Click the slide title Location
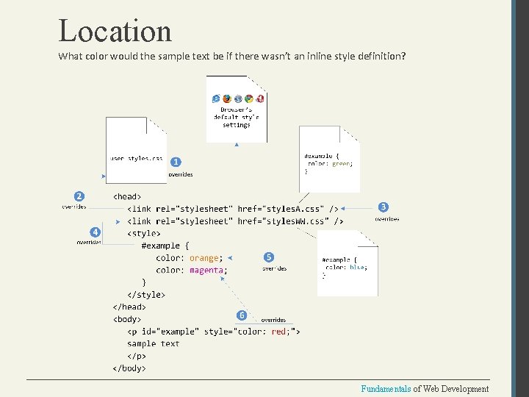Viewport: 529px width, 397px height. (115, 31)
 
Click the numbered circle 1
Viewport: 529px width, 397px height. (176, 162)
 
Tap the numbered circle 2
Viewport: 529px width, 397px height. (79, 196)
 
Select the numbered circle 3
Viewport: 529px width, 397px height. (384, 207)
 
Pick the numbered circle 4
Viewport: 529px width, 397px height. (94, 232)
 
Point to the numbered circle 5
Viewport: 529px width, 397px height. (269, 257)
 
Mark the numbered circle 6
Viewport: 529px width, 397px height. (242, 315)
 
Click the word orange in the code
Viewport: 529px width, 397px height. (204, 258)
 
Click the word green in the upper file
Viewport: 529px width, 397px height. (341, 164)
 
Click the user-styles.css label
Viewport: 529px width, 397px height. (136, 158)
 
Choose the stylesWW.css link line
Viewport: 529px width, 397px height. (235, 221)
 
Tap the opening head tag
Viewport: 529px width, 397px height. (127, 196)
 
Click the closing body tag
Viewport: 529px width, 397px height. (129, 368)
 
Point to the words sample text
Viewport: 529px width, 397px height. (153, 343)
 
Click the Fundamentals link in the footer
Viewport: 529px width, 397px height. (386, 389)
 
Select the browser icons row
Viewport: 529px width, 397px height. (237, 99)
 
